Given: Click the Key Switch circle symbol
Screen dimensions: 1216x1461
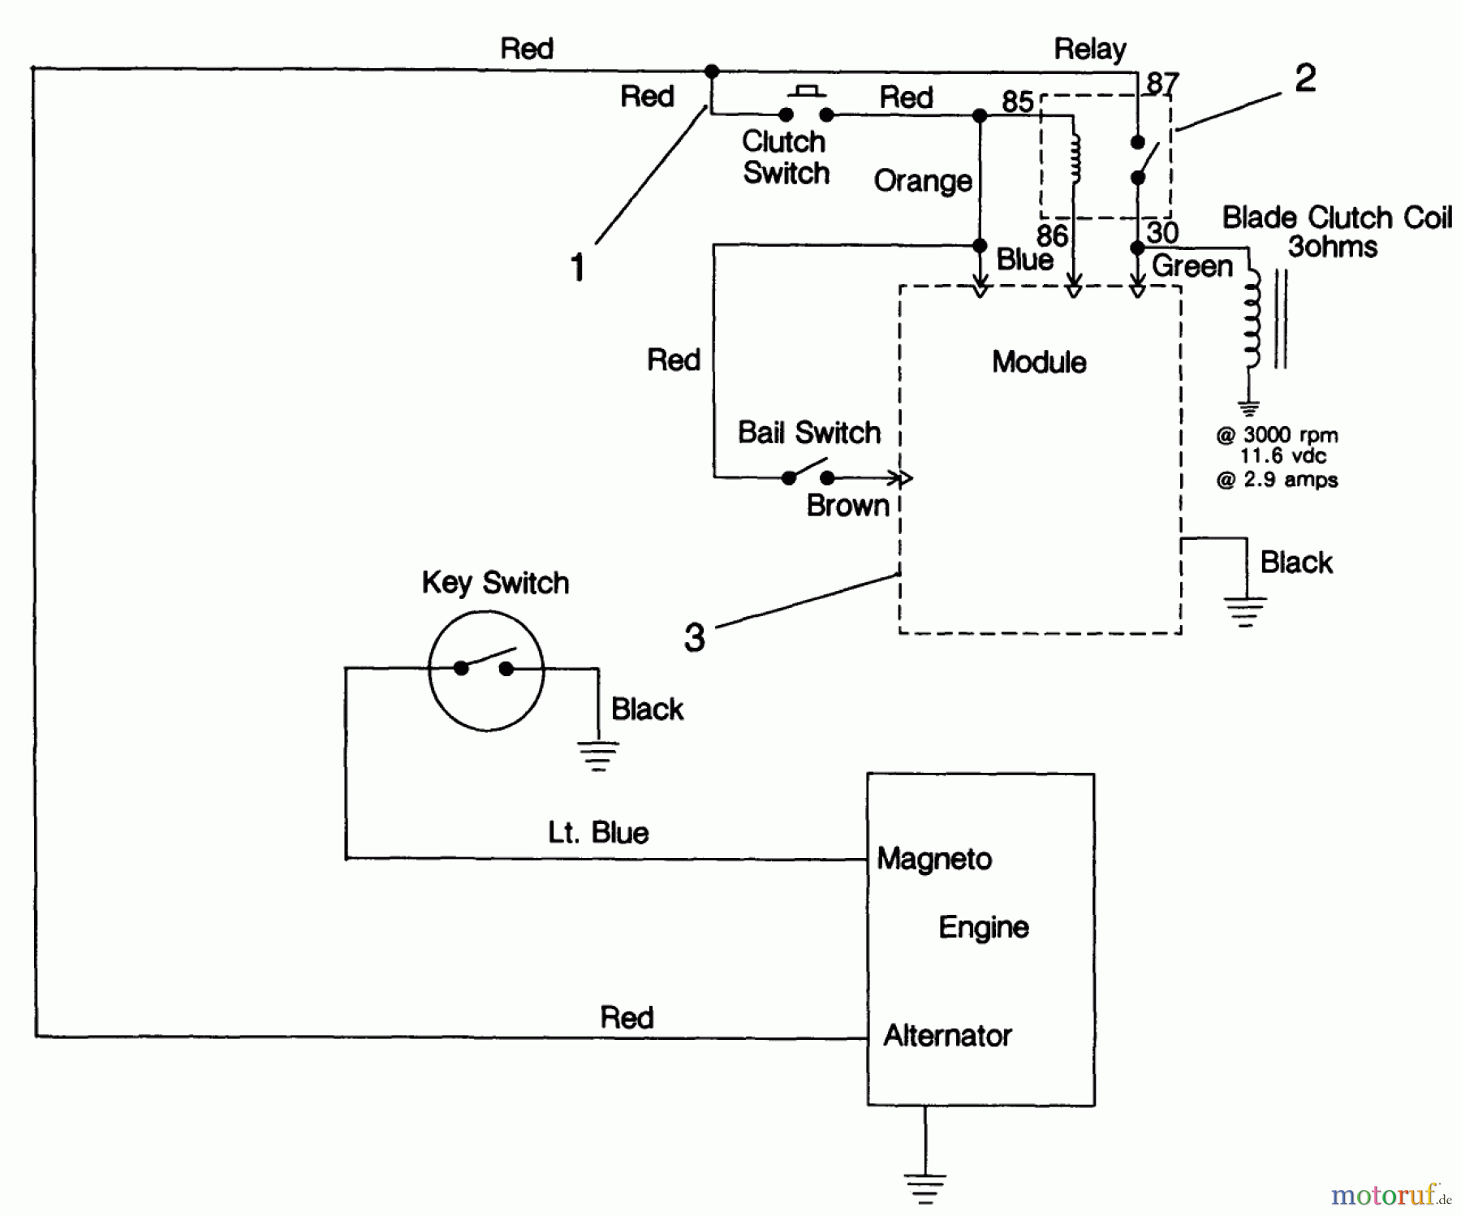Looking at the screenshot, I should point(485,670).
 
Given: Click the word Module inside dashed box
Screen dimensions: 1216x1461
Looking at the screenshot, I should point(1039,362).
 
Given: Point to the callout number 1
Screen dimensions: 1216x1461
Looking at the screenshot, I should point(577,268).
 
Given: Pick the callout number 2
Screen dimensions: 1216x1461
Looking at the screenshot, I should point(1305,79).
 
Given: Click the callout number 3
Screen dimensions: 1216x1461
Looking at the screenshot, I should point(694,638).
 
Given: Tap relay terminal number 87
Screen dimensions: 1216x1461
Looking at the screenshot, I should point(1162,84).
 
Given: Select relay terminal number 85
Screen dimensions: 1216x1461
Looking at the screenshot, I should point(1017,101).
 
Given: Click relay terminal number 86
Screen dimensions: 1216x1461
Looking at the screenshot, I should point(1052,235).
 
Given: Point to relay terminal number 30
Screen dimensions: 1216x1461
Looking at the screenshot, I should point(1162,232).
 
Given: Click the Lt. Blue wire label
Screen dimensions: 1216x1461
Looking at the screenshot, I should point(598,833).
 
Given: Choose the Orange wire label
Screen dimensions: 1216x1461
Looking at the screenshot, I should point(923,181).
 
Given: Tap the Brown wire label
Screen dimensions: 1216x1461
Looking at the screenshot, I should point(847,506).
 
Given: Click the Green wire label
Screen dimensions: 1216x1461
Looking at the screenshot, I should point(1192,266).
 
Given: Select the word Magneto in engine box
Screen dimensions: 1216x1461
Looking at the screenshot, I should point(934,859).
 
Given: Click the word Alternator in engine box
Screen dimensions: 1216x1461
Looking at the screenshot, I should point(947,1036).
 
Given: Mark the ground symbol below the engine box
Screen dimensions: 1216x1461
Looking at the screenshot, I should point(924,1188).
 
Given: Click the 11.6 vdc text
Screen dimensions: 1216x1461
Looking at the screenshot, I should point(1282,456).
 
